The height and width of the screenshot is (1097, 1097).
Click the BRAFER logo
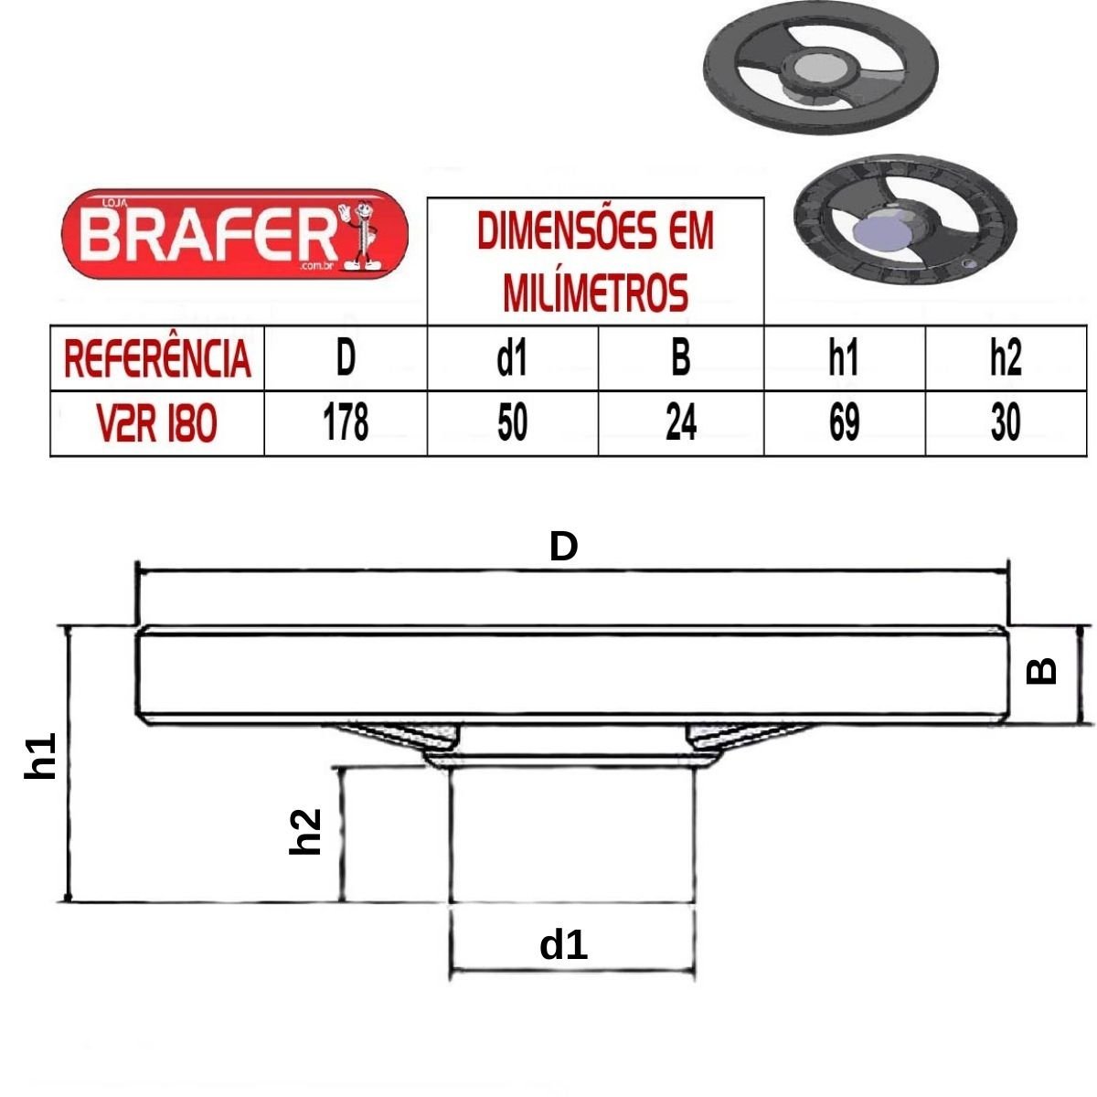(235, 234)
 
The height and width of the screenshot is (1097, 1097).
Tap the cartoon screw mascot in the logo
(360, 235)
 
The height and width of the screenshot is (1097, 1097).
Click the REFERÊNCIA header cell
(157, 358)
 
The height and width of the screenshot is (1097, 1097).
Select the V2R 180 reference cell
(157, 423)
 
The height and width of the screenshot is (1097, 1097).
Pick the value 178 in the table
(346, 422)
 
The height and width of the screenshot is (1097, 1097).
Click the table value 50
(512, 422)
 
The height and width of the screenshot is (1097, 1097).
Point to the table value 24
(681, 422)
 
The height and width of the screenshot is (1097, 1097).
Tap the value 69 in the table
(845, 422)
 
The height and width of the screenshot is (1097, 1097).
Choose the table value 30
(1006, 422)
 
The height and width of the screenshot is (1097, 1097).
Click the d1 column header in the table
(512, 358)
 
